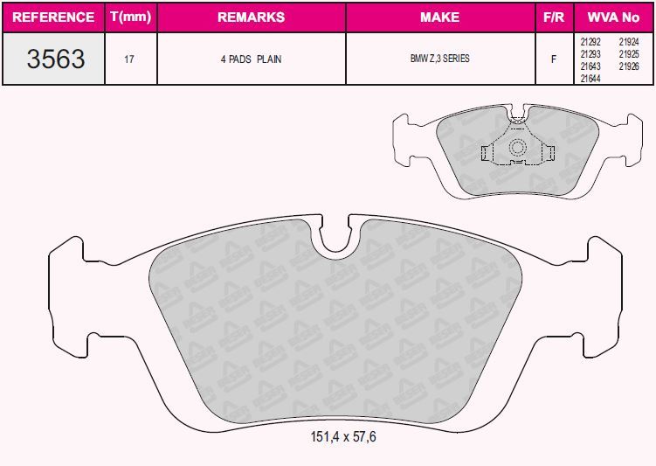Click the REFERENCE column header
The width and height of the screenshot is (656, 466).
coord(53,17)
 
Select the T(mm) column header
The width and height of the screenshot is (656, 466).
coord(130,17)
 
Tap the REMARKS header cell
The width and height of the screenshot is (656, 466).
coord(251,17)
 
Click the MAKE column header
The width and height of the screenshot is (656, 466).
coord(439,17)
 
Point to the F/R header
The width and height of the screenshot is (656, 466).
coord(554,17)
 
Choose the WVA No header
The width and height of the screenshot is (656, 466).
coord(613,17)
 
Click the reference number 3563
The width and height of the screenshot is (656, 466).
coord(56,59)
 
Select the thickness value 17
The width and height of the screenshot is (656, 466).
coord(129,59)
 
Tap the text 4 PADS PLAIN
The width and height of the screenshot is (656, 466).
coord(251,59)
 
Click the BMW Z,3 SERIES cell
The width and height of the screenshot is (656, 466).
coord(439,59)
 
